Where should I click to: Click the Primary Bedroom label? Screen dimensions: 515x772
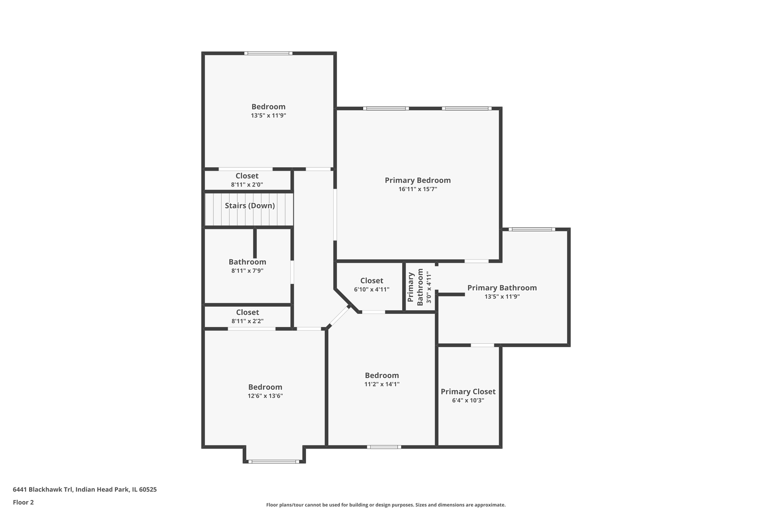[417, 180]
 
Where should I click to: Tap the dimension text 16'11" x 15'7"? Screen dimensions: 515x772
[417, 189]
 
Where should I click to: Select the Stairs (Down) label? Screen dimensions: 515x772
[250, 206]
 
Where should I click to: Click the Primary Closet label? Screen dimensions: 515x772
[468, 391]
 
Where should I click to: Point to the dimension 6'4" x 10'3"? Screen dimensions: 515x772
[468, 401]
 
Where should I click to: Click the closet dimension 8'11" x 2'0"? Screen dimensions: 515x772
[247, 185]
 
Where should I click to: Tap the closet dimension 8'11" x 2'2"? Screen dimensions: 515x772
[247, 321]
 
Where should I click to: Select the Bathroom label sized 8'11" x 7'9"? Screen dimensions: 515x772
[247, 262]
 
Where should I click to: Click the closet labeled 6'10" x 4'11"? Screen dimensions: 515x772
[371, 281]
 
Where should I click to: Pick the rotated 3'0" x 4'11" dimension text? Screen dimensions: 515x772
[429, 288]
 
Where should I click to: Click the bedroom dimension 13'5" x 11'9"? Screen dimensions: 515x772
[268, 115]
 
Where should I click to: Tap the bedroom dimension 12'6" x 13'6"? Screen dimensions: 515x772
[265, 396]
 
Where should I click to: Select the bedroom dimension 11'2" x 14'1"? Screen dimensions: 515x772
[382, 384]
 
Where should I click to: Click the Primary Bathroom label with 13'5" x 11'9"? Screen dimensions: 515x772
[502, 288]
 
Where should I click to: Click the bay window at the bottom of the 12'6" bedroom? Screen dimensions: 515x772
[274, 461]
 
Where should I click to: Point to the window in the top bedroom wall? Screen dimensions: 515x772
[268, 53]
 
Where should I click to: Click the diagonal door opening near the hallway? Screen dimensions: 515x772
[340, 317]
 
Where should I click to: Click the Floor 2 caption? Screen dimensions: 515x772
[23, 502]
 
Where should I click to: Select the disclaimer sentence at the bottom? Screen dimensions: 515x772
[386, 505]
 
